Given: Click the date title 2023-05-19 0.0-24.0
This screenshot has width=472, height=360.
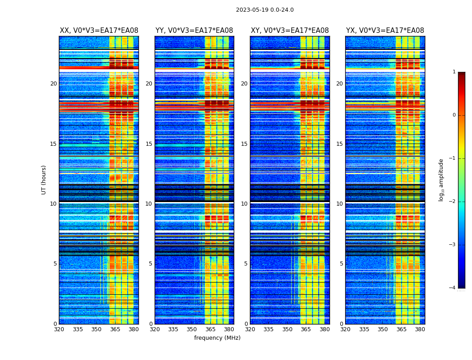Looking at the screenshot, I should coord(265,10).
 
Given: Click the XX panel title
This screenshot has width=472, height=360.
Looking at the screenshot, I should coord(99,31).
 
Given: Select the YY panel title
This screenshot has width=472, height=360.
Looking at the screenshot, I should coord(194,31).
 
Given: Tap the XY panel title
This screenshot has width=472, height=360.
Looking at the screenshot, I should coord(290,31).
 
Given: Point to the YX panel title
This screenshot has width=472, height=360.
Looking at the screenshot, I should coord(385,31).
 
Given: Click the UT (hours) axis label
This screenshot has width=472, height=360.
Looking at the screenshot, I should coord(44,180).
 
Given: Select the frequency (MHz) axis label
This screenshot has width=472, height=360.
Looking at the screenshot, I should coord(217,338).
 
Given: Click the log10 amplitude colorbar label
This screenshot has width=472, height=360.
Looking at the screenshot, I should coord(441,180).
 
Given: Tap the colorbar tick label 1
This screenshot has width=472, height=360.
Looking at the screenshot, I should coord(454,72).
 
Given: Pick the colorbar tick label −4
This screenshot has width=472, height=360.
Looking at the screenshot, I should coord(453,288).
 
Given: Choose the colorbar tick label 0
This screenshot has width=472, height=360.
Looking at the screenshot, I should coord(454,115).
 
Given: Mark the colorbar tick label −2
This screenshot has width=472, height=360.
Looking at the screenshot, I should coord(453,202).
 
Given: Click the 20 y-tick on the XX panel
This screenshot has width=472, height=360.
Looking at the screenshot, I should coord(53,84).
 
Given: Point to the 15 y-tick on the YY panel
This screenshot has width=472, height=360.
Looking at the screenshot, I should coord(149,144).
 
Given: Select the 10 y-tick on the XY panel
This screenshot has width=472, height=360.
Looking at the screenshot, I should coord(244,204).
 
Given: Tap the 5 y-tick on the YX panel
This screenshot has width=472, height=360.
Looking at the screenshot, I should coord(341,264).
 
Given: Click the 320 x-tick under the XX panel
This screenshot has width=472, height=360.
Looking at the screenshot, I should coord(59,329).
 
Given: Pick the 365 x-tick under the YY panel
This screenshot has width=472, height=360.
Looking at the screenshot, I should coord(210,329).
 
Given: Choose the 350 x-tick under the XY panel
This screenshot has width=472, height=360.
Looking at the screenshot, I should coord(287,329).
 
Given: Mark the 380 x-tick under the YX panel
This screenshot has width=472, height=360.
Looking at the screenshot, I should coord(420,329).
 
